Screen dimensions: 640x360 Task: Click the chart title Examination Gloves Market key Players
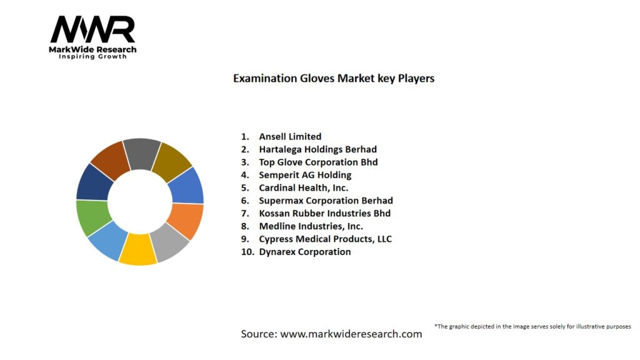click(x=334, y=78)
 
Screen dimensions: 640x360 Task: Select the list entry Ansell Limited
click(x=290, y=136)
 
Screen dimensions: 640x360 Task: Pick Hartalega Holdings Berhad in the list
click(x=317, y=149)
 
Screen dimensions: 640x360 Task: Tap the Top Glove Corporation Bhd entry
click(x=318, y=162)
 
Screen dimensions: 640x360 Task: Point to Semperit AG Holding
click(x=305, y=175)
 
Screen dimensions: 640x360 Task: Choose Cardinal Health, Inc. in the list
click(x=303, y=187)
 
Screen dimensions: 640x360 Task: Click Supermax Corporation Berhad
click(x=326, y=201)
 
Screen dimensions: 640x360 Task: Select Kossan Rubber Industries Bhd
click(x=324, y=213)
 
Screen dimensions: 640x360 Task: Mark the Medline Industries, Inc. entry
click(x=311, y=226)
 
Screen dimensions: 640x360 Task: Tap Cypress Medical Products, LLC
click(x=325, y=239)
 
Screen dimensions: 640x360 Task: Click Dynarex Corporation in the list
click(x=305, y=252)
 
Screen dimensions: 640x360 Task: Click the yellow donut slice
click(x=138, y=249)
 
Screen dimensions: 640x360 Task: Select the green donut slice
click(x=92, y=217)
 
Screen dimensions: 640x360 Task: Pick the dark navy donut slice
click(x=94, y=183)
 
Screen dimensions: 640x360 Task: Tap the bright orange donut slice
click(x=186, y=221)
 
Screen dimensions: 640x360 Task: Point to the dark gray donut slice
click(x=142, y=154)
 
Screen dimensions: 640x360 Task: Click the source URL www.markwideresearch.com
click(x=351, y=334)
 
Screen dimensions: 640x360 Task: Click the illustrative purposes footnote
click(x=532, y=326)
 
